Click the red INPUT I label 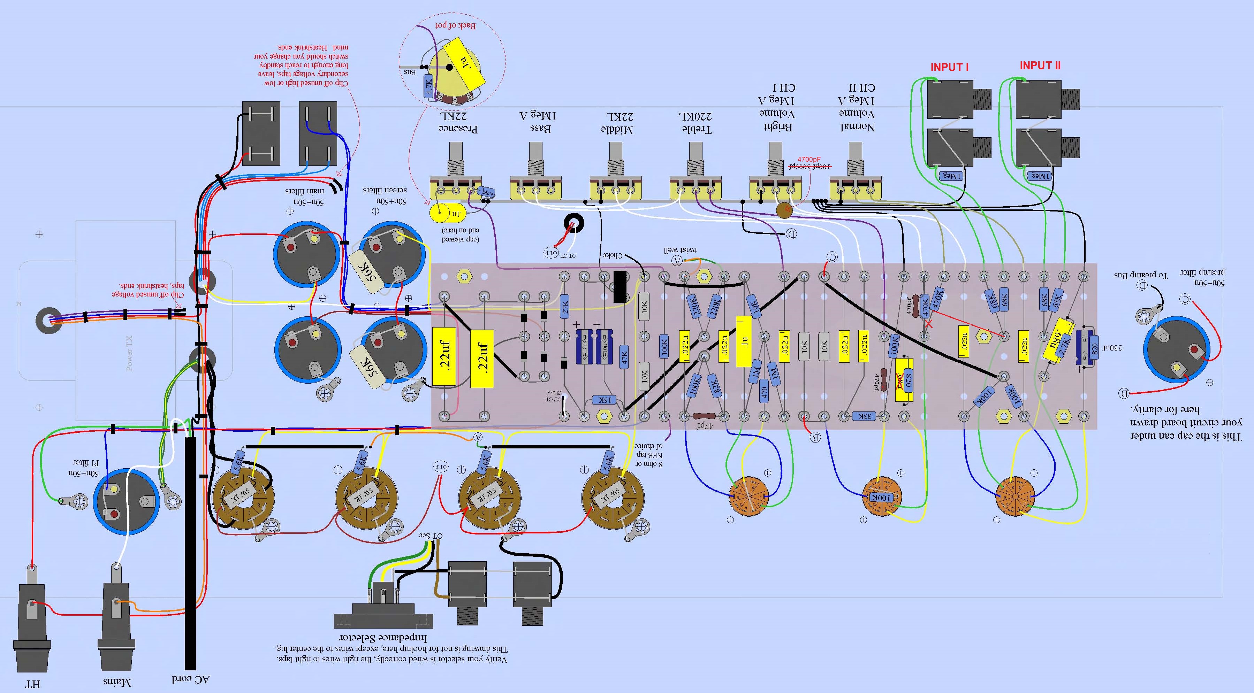949,67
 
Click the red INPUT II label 1040,66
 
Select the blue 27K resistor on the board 565,307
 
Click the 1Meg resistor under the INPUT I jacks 951,176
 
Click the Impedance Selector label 383,638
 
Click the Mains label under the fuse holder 117,682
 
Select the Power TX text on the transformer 129,353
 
